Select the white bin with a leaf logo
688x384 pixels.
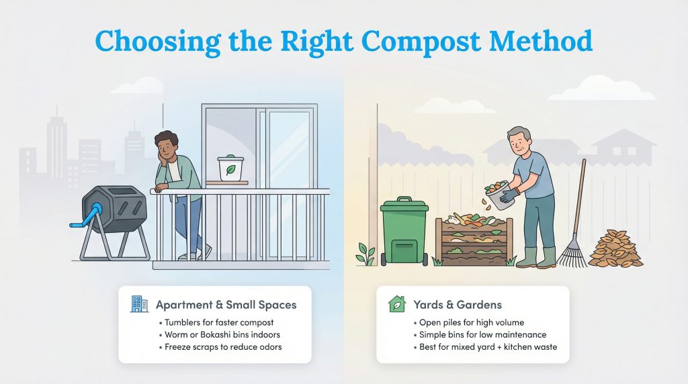pyautogui.click(x=230, y=169)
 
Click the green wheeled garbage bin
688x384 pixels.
pyautogui.click(x=404, y=231)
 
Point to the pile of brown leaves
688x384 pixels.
pyautogui.click(x=615, y=248)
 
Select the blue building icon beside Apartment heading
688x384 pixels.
pyautogui.click(x=139, y=304)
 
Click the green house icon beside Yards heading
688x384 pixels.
pyautogui.click(x=397, y=304)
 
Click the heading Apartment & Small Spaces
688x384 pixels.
pyautogui.click(x=226, y=305)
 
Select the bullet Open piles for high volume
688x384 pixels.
pyautogui.click(x=470, y=322)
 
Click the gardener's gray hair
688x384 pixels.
pyautogui.click(x=519, y=134)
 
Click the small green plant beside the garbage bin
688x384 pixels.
pyautogui.click(x=367, y=254)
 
